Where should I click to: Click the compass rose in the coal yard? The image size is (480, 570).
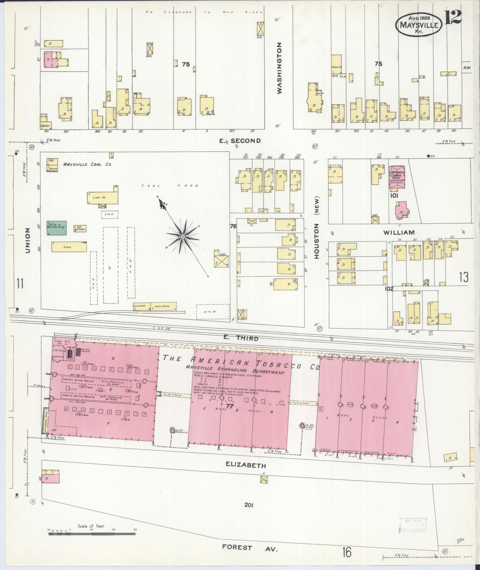pos(182,236)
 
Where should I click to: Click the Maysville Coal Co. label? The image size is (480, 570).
pos(87,164)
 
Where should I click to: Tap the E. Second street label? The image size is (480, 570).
pos(240,141)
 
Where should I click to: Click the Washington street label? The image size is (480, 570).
pos(279,68)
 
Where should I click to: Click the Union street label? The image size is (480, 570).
pos(28,241)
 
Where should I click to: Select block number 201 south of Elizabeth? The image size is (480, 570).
pos(248,505)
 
